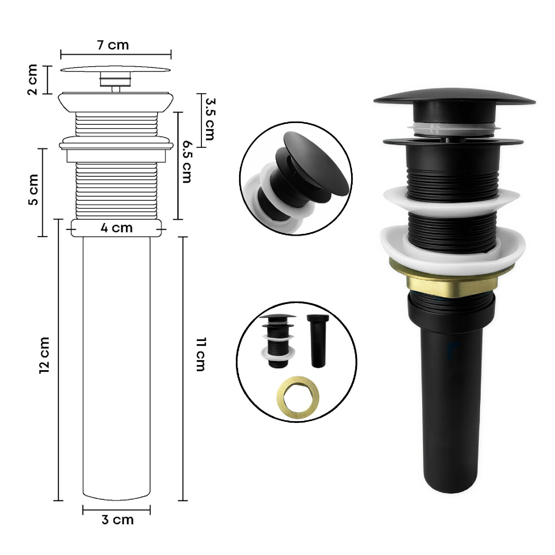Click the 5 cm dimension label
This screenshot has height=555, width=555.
(x=34, y=189)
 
